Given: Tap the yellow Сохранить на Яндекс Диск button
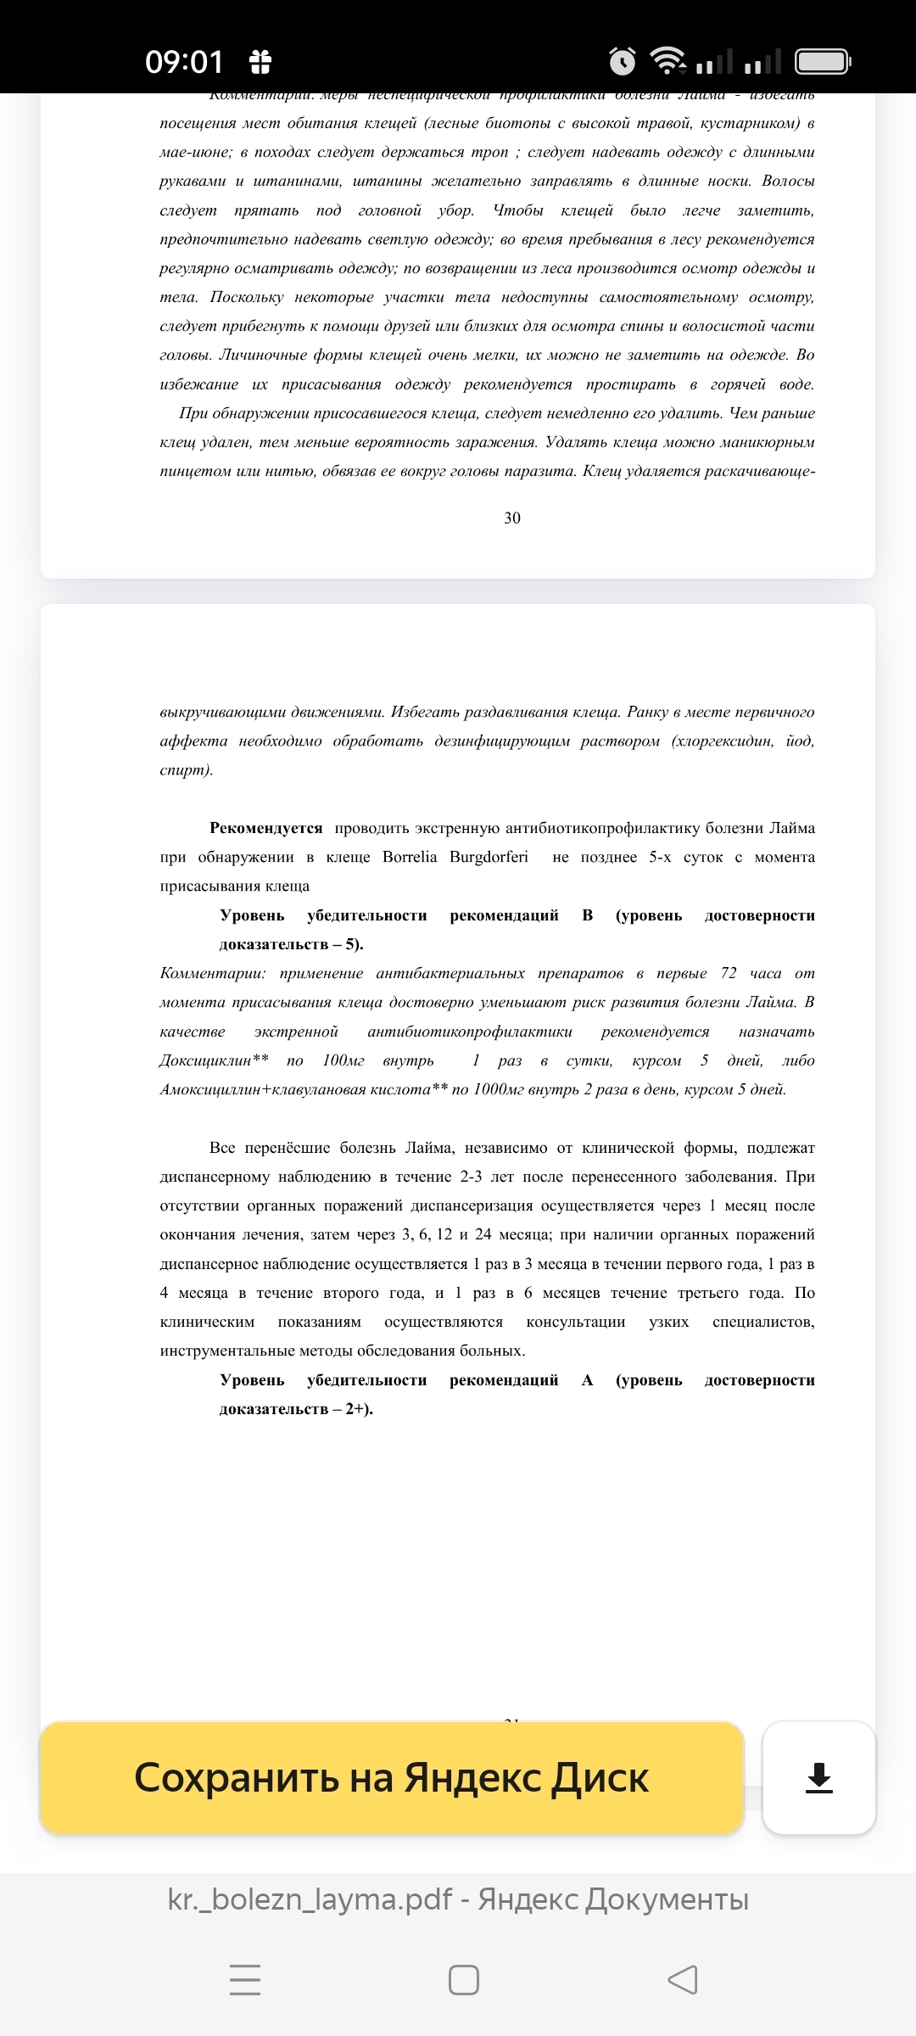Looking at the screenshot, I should [392, 1777].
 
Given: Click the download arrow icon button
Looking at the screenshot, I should [818, 1777].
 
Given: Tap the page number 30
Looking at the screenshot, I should [512, 518].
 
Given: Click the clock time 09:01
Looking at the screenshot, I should [184, 62].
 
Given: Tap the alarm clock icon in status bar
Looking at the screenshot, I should [623, 61].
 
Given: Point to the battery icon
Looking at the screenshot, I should [822, 61].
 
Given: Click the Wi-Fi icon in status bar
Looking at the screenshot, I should [667, 59].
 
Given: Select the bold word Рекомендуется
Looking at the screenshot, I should [266, 828].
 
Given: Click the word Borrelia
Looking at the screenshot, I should [410, 857].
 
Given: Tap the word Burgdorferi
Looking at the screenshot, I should [489, 857].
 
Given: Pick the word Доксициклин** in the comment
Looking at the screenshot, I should [215, 1060].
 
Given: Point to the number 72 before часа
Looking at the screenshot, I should [729, 973].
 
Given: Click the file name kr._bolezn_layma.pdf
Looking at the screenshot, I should [310, 1899].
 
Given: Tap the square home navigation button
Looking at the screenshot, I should [464, 1980].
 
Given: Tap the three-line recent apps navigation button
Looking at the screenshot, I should [245, 1980].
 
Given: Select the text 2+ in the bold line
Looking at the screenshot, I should [355, 1409].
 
